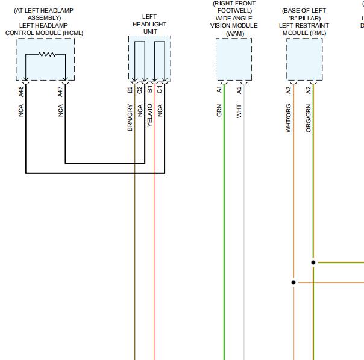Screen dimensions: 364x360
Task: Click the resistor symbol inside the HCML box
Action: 47,54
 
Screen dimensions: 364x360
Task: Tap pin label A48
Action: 21,92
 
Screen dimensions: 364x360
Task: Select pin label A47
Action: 60,92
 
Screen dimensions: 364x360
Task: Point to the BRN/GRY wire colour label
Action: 130,117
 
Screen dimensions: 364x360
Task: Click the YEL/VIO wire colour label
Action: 150,115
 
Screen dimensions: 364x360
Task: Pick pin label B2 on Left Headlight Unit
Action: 130,90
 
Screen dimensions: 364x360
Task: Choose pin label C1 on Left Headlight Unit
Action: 160,90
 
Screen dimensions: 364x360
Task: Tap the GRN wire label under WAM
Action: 219,110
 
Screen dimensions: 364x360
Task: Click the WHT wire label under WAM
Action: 239,111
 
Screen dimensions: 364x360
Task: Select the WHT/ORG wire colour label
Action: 288,118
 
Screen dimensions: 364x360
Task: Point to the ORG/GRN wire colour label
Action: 309,118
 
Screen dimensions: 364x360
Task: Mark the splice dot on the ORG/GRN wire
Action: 313,262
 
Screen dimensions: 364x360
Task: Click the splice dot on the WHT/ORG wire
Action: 293,282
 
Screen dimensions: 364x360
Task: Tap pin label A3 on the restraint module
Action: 288,90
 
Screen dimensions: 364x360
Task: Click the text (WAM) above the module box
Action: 235,33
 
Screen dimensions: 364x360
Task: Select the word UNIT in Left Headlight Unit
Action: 150,31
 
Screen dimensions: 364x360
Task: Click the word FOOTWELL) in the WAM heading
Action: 234,11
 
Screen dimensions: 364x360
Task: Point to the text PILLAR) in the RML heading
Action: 310,18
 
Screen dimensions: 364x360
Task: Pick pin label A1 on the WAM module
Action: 219,89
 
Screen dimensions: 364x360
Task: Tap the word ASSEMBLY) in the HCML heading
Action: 45,18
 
